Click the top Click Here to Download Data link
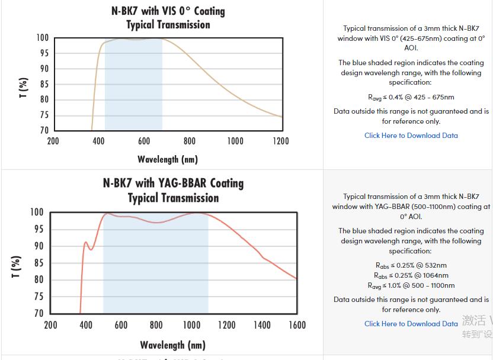click(x=411, y=136)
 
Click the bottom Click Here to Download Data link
click(x=411, y=324)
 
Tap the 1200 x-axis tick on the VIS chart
click(x=281, y=141)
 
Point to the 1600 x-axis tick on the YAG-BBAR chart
click(x=297, y=325)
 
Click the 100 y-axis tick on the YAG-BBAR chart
click(x=37, y=213)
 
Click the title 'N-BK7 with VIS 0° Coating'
click(x=168, y=11)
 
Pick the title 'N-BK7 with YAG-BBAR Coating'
click(x=173, y=183)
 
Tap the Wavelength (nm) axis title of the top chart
click(x=168, y=159)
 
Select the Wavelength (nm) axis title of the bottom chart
click(x=172, y=345)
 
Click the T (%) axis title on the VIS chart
click(x=24, y=88)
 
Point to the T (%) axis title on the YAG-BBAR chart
click(x=16, y=266)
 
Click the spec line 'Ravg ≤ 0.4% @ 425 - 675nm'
click(x=411, y=97)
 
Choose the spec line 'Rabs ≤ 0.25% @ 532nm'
click(x=411, y=265)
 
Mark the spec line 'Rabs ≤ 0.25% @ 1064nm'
click(x=411, y=275)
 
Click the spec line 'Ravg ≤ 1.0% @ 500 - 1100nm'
click(x=411, y=285)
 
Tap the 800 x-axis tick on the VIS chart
click(x=190, y=141)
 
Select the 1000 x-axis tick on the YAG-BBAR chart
click(x=191, y=325)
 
